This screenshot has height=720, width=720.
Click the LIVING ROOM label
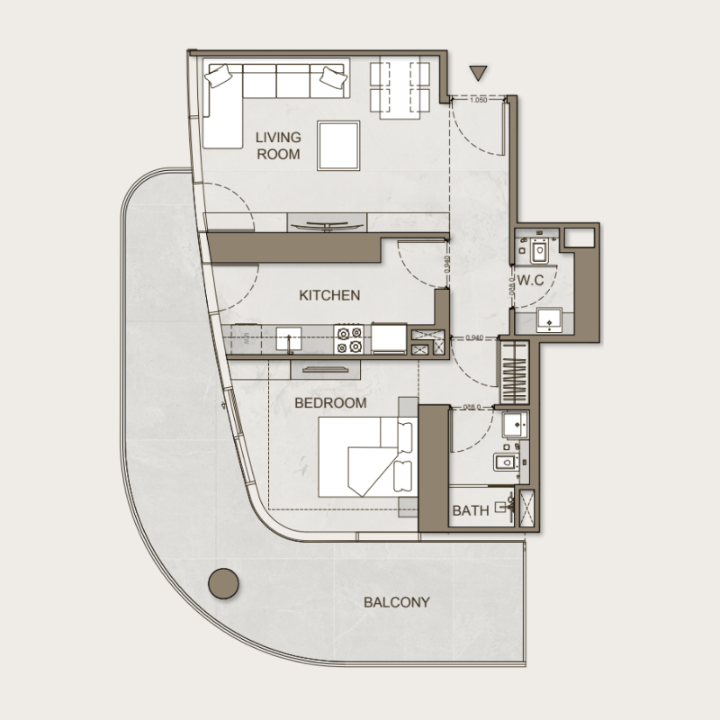pos(278,145)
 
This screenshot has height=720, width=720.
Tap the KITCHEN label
pos(329,295)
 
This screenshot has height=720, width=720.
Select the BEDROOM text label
pos(330,403)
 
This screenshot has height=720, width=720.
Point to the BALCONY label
pos(397,602)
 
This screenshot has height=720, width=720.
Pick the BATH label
pos(471,510)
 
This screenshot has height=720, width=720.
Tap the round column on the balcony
pos(224,584)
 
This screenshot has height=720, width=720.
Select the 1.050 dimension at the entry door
pos(478,101)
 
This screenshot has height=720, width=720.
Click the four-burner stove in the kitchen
pos(348,338)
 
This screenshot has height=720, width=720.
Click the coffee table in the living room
pos(337,145)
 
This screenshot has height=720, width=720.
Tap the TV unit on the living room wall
pos(326,222)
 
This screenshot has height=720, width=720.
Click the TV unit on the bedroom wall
pos(326,366)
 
